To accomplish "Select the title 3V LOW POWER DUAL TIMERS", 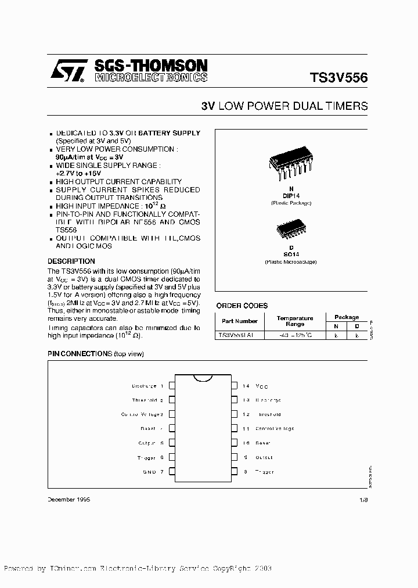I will (284, 106).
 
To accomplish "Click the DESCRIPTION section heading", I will (71, 261).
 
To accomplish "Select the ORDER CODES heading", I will (242, 306).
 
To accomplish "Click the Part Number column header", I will (239, 321).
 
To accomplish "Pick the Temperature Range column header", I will (294, 321).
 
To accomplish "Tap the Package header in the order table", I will (347, 317).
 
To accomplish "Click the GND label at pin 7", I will (149, 472).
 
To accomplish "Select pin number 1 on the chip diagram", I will (162, 386).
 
